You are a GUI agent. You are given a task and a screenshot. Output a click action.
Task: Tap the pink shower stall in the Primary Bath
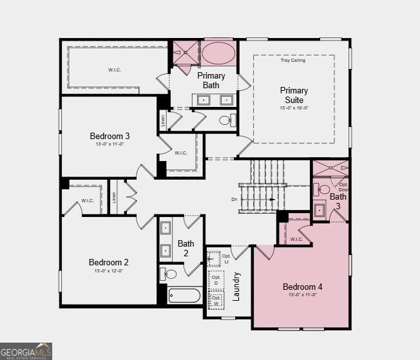click(185, 52)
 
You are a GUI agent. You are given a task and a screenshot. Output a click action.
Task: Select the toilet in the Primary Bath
click(226, 120)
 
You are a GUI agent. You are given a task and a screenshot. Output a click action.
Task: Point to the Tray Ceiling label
click(293, 61)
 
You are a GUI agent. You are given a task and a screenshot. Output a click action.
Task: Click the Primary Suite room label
click(294, 95)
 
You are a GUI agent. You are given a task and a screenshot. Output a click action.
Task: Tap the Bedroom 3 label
click(110, 136)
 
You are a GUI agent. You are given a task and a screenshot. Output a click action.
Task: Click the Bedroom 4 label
click(302, 287)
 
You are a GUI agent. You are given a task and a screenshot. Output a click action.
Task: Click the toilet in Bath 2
click(169, 274)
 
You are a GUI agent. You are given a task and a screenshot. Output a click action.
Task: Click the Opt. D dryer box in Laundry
click(216, 281)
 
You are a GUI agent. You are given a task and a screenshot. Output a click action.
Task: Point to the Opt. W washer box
click(216, 300)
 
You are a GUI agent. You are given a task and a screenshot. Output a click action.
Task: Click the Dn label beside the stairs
click(234, 200)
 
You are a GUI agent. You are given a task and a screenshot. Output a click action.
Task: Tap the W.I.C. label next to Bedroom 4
click(296, 239)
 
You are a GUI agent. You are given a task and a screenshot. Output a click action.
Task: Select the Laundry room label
click(236, 287)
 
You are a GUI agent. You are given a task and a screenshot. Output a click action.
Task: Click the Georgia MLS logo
click(26, 350)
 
